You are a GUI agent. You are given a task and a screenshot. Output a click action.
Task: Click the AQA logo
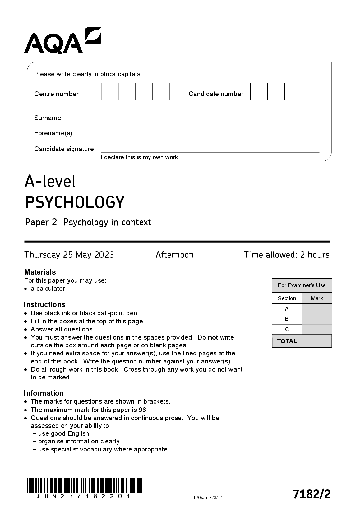[x=62, y=41]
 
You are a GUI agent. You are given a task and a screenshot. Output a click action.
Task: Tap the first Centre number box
[x=93, y=92]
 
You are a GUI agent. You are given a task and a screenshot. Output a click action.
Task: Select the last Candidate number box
[x=310, y=92]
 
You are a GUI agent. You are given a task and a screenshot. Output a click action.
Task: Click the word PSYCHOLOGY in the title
[x=75, y=202]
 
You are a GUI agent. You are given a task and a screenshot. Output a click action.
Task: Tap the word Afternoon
[x=174, y=255]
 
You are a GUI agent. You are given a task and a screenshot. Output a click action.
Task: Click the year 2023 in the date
[x=104, y=255]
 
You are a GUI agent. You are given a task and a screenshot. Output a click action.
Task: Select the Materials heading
[x=40, y=272]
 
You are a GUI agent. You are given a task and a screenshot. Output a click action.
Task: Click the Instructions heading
[x=44, y=304]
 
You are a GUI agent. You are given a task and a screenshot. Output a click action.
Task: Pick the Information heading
[x=44, y=393]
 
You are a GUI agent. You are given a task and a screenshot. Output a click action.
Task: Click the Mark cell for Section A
[x=317, y=309]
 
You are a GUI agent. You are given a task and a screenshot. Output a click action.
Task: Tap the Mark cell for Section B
[x=317, y=319]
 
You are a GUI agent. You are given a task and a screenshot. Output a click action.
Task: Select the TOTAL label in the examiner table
[x=287, y=341]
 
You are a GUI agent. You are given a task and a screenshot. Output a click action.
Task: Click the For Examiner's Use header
[x=302, y=285]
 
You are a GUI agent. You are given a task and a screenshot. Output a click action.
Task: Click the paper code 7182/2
[x=311, y=494]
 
